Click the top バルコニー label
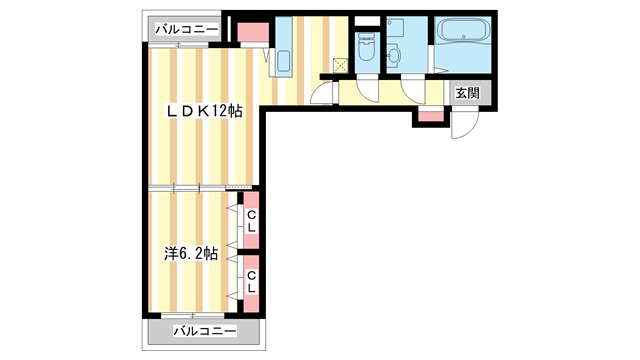(x=186, y=30)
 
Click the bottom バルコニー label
(x=205, y=330)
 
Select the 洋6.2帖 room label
(x=191, y=254)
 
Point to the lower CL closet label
(x=251, y=281)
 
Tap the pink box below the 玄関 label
(x=430, y=116)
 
